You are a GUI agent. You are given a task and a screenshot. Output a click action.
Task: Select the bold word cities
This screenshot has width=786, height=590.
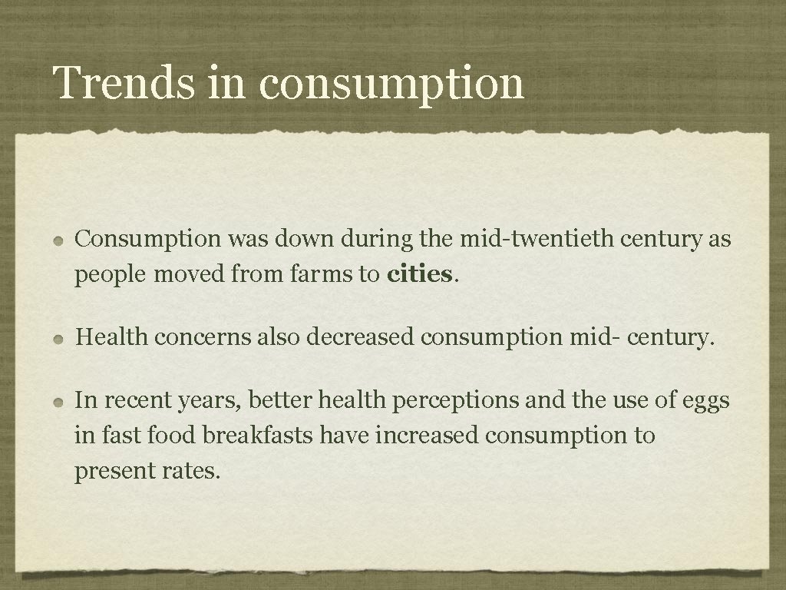420,274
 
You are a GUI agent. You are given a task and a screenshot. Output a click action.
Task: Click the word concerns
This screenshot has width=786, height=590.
202,336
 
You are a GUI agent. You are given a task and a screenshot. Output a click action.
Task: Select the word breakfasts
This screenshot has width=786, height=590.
258,436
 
